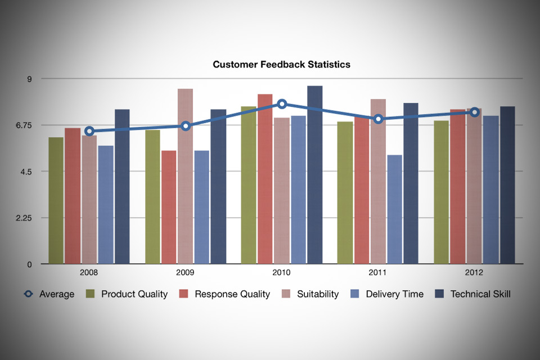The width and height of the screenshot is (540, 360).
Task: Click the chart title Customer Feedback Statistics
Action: (x=281, y=65)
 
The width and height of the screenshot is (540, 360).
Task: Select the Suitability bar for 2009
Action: (x=185, y=177)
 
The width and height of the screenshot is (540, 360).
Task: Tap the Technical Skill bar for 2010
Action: (x=315, y=175)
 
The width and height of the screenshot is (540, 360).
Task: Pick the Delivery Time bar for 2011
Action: (x=395, y=209)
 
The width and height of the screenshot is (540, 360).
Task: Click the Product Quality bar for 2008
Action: (x=56, y=200)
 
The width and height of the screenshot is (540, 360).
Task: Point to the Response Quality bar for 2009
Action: (x=169, y=208)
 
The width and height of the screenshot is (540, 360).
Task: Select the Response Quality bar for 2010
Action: (x=265, y=179)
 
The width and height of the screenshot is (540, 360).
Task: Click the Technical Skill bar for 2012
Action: (x=507, y=185)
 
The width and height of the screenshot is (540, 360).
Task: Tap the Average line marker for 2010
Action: (x=282, y=104)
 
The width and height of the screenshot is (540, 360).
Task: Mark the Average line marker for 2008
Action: (x=89, y=131)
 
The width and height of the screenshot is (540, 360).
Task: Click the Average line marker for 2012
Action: (x=475, y=112)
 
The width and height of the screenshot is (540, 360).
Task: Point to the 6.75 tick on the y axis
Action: (x=24, y=125)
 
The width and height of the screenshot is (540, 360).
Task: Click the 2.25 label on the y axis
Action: (x=24, y=218)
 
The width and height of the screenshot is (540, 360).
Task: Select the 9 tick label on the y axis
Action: (x=29, y=79)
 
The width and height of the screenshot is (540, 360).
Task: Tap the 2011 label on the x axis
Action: (x=377, y=272)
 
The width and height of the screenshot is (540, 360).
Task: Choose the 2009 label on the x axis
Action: (x=185, y=272)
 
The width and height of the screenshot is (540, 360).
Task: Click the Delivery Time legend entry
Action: (x=387, y=294)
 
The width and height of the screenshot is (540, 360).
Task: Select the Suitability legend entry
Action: (x=310, y=294)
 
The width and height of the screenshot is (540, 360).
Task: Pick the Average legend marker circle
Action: (x=28, y=294)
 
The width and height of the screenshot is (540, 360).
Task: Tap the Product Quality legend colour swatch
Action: (x=90, y=294)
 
